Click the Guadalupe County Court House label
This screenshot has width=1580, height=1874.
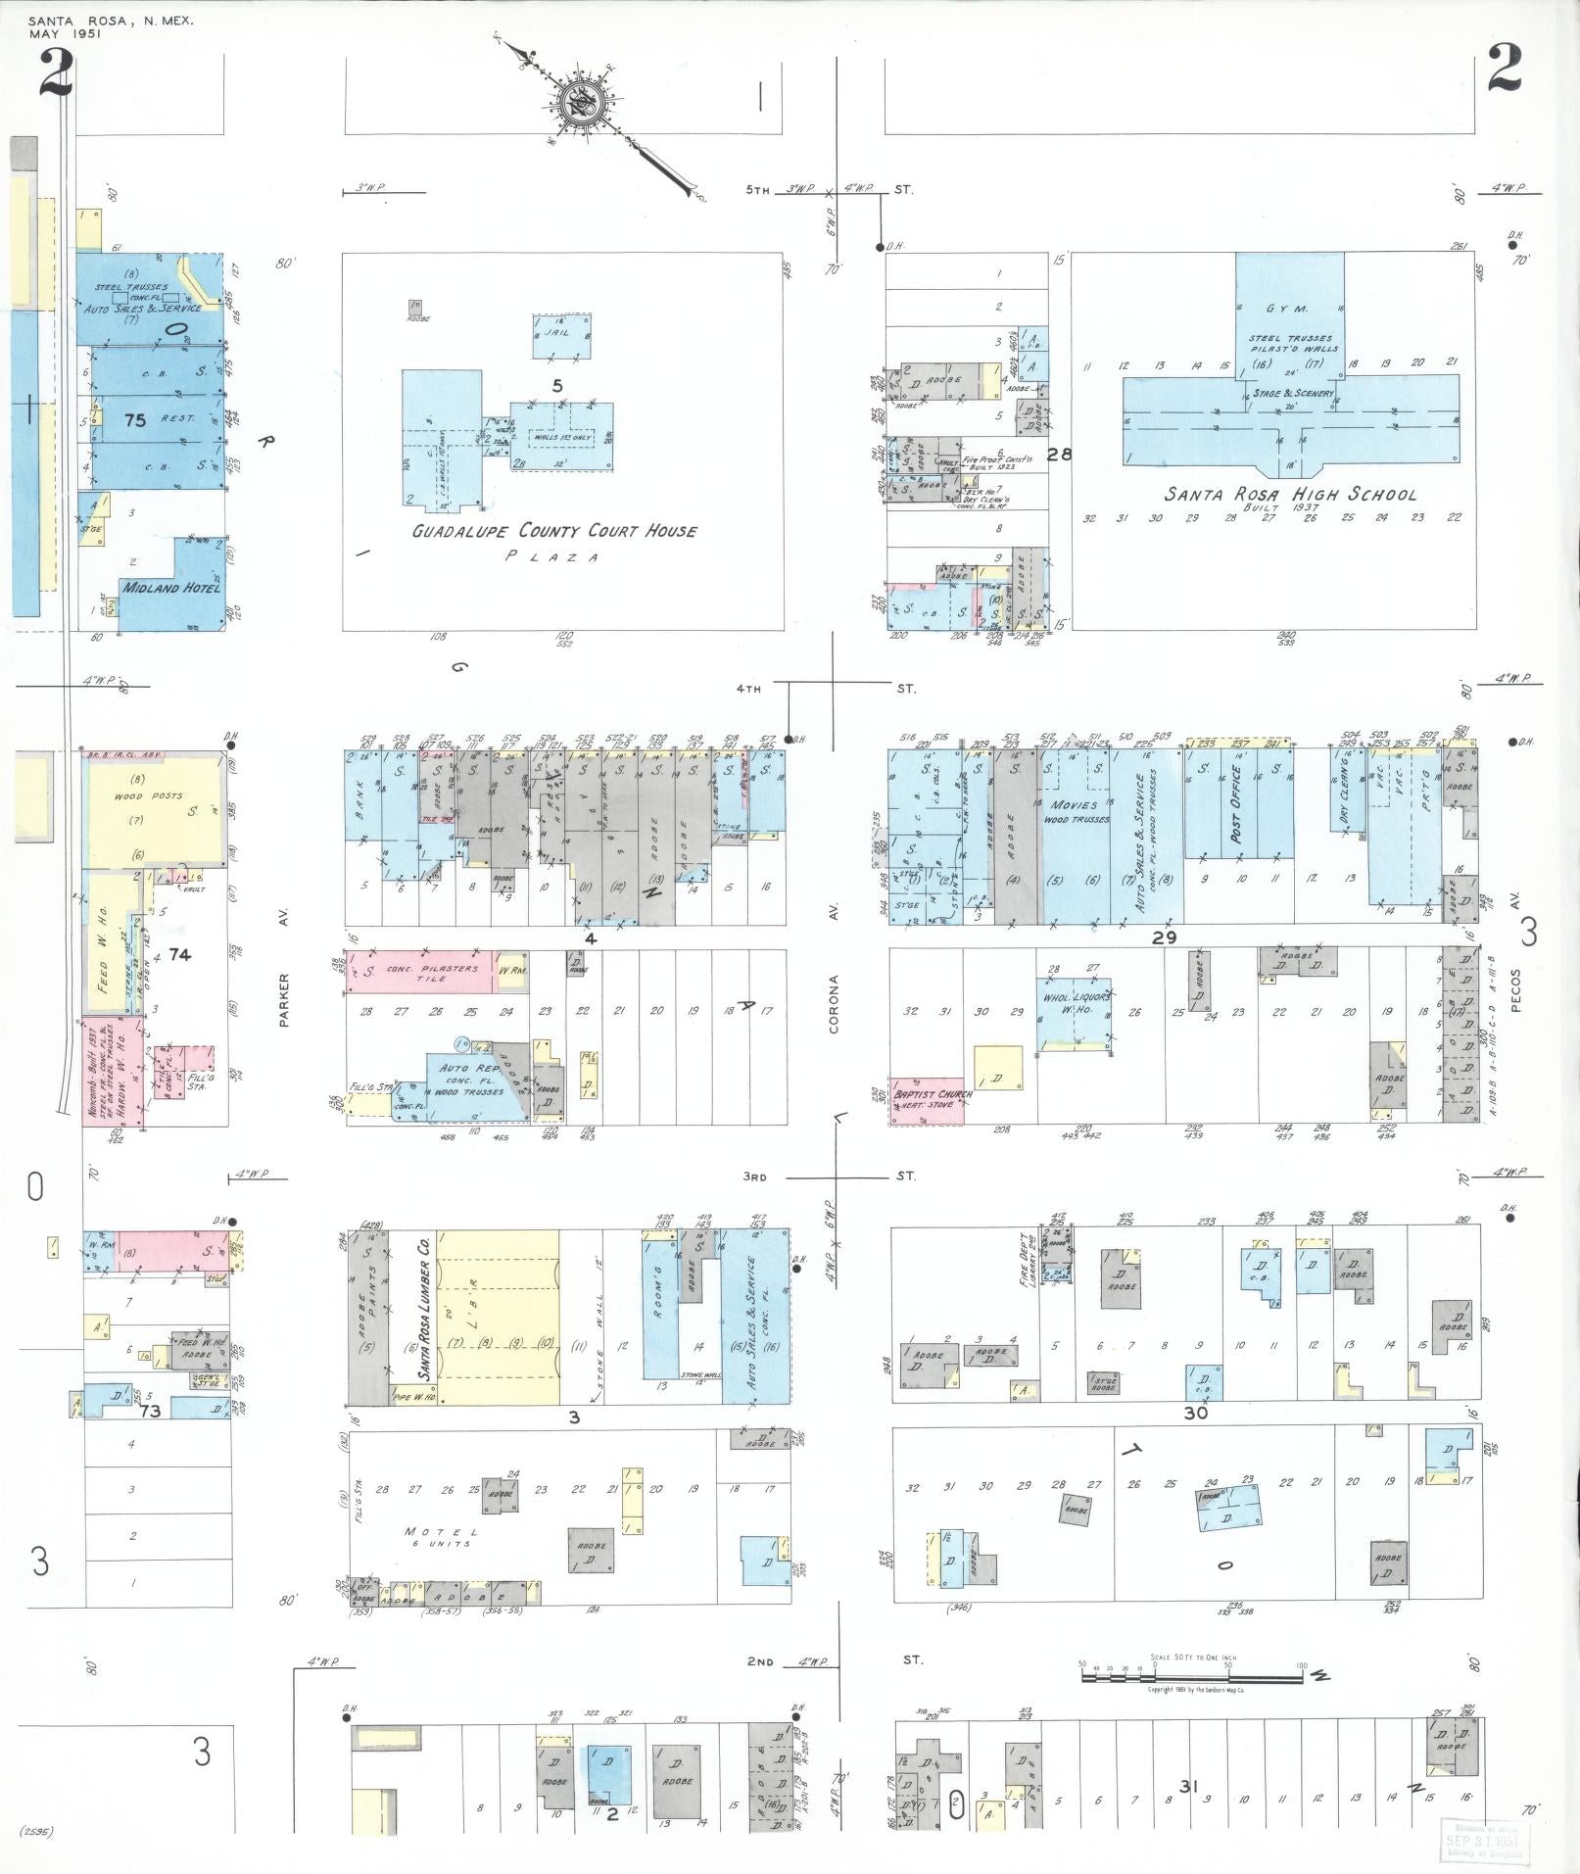point(553,532)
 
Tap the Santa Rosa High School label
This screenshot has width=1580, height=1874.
point(1290,495)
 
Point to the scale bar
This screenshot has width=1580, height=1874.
point(1191,1676)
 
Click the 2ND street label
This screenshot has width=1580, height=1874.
point(759,1662)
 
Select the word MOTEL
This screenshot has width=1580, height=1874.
point(441,1532)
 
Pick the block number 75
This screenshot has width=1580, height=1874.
point(135,420)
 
